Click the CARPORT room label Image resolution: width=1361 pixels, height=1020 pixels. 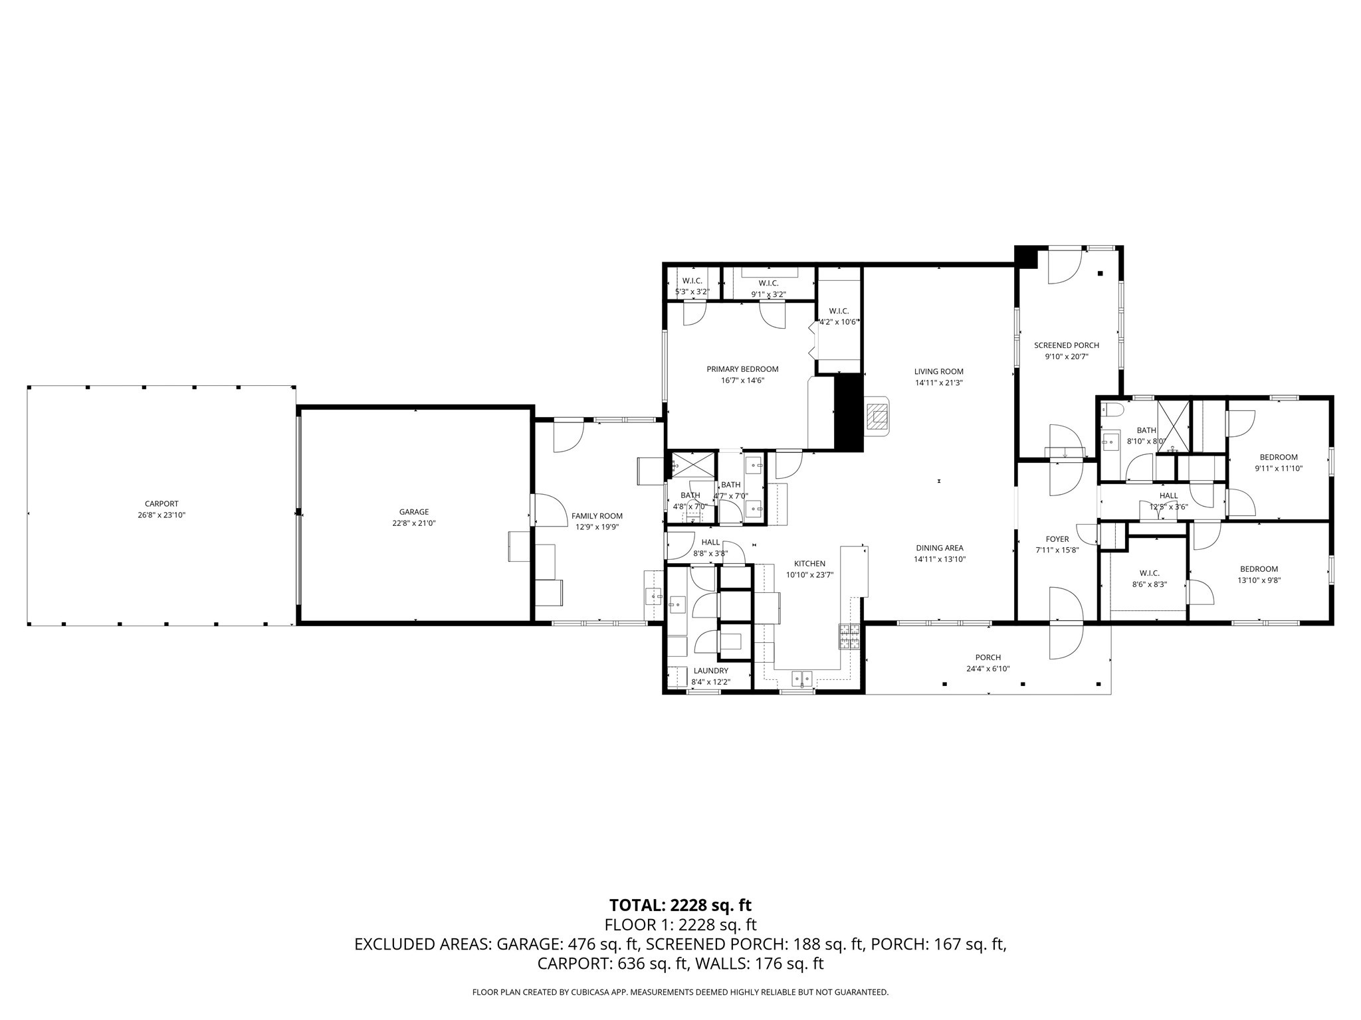161,503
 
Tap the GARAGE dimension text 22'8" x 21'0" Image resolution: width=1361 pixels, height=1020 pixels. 413,523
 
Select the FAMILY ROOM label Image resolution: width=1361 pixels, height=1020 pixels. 597,516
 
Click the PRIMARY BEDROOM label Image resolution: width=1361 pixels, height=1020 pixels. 742,369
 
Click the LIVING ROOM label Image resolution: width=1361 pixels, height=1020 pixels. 938,371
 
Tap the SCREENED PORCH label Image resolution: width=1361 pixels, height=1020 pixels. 1066,345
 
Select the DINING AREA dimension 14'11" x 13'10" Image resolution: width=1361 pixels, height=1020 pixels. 939,559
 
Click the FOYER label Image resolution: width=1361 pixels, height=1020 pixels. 1057,539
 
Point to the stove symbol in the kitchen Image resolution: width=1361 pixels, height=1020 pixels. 849,637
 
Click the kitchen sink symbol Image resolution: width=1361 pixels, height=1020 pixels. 801,678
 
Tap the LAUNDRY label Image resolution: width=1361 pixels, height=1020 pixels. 710,671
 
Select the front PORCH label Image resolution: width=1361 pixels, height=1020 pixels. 988,657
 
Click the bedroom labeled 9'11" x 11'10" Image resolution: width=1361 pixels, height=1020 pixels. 1278,457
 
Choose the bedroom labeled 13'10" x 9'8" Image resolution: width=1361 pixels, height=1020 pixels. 1259,568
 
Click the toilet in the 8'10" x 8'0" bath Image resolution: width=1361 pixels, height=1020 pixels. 1112,409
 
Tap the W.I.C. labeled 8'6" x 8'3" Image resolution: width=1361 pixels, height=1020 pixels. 1149,573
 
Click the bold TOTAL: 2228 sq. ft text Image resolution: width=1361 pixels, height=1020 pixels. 680,905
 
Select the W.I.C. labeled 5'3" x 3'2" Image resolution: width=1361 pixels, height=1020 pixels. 692,281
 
